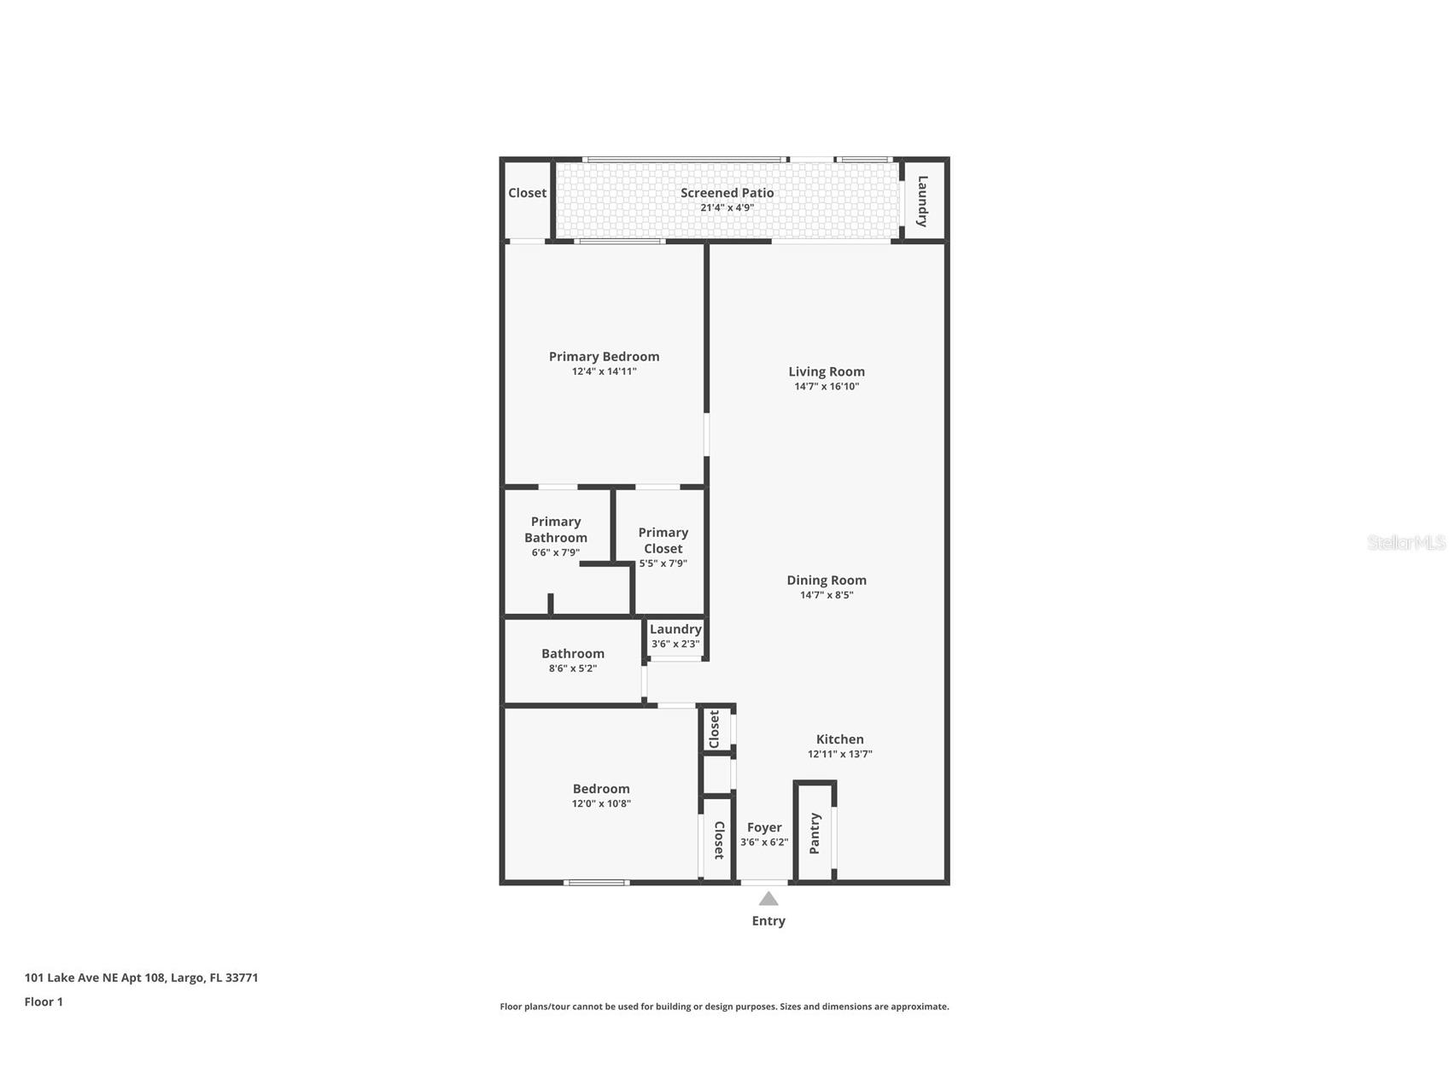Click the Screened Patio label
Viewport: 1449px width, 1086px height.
click(x=727, y=193)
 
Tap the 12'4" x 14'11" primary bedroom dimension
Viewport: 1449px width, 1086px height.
click(x=604, y=371)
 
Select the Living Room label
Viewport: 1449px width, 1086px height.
click(x=826, y=371)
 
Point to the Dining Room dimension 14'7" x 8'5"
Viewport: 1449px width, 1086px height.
click(x=826, y=595)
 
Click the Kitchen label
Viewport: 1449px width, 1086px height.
click(x=839, y=739)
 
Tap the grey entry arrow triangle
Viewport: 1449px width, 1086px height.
click(x=768, y=898)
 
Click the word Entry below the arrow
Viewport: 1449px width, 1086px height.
click(x=768, y=920)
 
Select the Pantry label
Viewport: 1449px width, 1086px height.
click(x=815, y=832)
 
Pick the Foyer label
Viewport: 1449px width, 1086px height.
click(x=764, y=827)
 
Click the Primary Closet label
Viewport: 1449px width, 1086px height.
click(x=663, y=540)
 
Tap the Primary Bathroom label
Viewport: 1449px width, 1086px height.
click(x=556, y=529)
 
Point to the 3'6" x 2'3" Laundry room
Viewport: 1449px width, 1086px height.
click(x=675, y=637)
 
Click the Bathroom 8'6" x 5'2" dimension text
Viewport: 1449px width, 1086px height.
click(x=572, y=669)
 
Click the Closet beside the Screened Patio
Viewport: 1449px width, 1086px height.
click(x=527, y=193)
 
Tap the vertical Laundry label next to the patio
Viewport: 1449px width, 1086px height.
click(x=923, y=201)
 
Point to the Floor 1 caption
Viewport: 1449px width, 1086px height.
click(x=44, y=1001)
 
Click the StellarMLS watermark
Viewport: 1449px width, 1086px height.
click(x=1405, y=542)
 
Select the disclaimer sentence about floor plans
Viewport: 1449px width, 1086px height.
click(x=724, y=1007)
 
